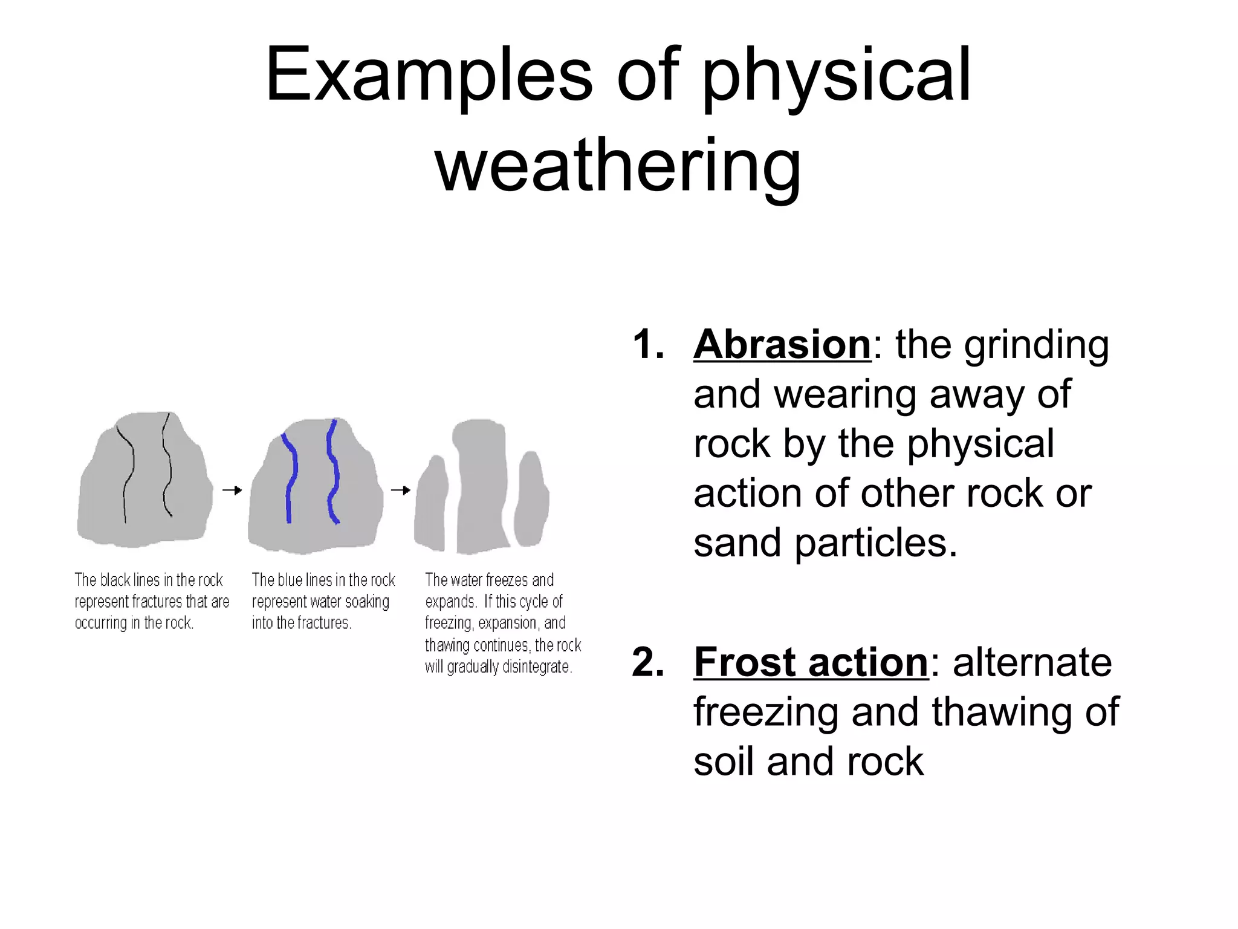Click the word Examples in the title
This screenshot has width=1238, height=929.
tap(429, 76)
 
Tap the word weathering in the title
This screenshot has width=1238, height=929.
tap(618, 165)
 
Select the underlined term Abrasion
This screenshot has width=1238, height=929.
tap(782, 345)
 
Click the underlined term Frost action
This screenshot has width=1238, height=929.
tap(811, 662)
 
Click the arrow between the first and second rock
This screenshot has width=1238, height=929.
tap(232, 490)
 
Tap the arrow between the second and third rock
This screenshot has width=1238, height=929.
tap(400, 490)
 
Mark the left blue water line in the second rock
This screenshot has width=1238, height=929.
tap(291, 478)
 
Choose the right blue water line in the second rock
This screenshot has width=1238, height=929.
tap(332, 472)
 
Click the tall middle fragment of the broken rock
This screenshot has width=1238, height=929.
tap(481, 484)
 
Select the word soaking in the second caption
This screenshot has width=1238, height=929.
tap(367, 601)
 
